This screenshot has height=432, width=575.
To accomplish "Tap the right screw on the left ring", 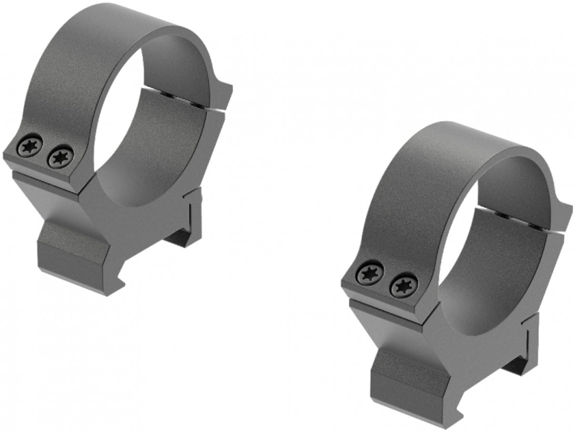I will pyautogui.click(x=61, y=157).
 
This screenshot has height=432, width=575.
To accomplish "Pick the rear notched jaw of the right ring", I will pyautogui.click(x=526, y=343).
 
